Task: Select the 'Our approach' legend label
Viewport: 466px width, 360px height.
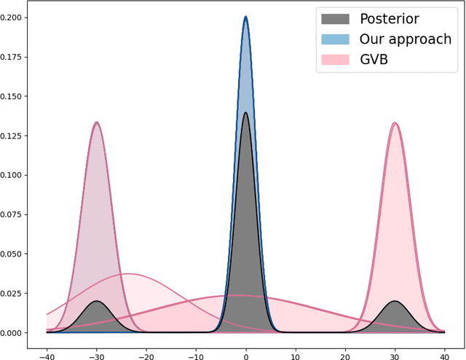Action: (406, 39)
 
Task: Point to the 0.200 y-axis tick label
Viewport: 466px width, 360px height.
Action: (17, 17)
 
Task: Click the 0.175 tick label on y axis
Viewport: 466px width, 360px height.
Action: (17, 57)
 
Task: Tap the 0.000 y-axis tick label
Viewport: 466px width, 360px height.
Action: (17, 333)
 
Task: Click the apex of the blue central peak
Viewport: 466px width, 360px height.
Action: (245, 17)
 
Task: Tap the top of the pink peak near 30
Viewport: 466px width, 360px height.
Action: (395, 122)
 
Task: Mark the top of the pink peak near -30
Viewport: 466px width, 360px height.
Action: (96, 122)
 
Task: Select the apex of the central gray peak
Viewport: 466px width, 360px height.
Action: (245, 112)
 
